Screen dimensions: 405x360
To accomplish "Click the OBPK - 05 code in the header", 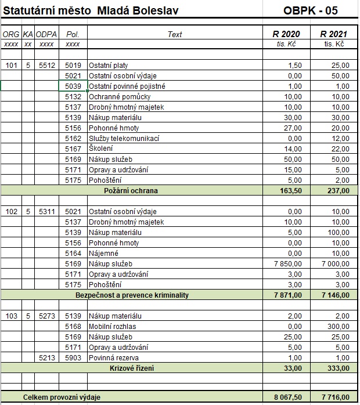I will point(311,10).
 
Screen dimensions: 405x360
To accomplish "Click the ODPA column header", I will point(46,34).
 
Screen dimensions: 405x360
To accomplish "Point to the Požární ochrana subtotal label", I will point(131,190).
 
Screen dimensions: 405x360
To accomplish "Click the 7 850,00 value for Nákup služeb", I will point(287,263).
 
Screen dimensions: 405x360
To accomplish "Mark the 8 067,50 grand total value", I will point(287,397).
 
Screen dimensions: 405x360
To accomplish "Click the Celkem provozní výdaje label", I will point(62,397).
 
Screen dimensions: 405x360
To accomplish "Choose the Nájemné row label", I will point(103,253).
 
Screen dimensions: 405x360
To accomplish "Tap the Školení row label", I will point(101,149).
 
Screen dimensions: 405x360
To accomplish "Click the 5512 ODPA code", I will point(46,66).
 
